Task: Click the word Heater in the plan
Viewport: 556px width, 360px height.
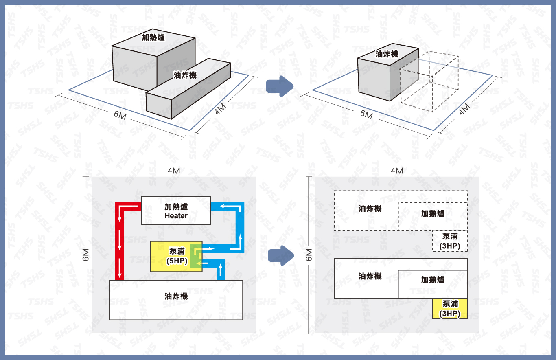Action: click(x=176, y=216)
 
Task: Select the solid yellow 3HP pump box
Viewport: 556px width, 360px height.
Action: click(x=450, y=309)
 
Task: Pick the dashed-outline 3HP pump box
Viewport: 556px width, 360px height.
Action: click(x=450, y=241)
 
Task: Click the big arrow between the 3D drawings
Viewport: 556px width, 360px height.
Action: click(x=279, y=87)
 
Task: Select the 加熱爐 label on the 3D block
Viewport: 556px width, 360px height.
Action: click(x=153, y=37)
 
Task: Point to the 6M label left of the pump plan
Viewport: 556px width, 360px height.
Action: click(x=87, y=255)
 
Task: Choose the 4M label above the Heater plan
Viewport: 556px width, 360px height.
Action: click(x=174, y=171)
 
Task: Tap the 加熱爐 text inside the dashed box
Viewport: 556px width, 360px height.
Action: click(x=433, y=213)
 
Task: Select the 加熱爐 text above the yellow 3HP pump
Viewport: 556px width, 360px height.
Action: click(x=433, y=280)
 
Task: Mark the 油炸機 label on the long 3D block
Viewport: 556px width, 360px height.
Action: click(x=185, y=75)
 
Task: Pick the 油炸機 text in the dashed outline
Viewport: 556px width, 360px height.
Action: click(x=370, y=209)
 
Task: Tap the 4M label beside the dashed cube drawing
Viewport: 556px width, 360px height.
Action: click(x=464, y=109)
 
